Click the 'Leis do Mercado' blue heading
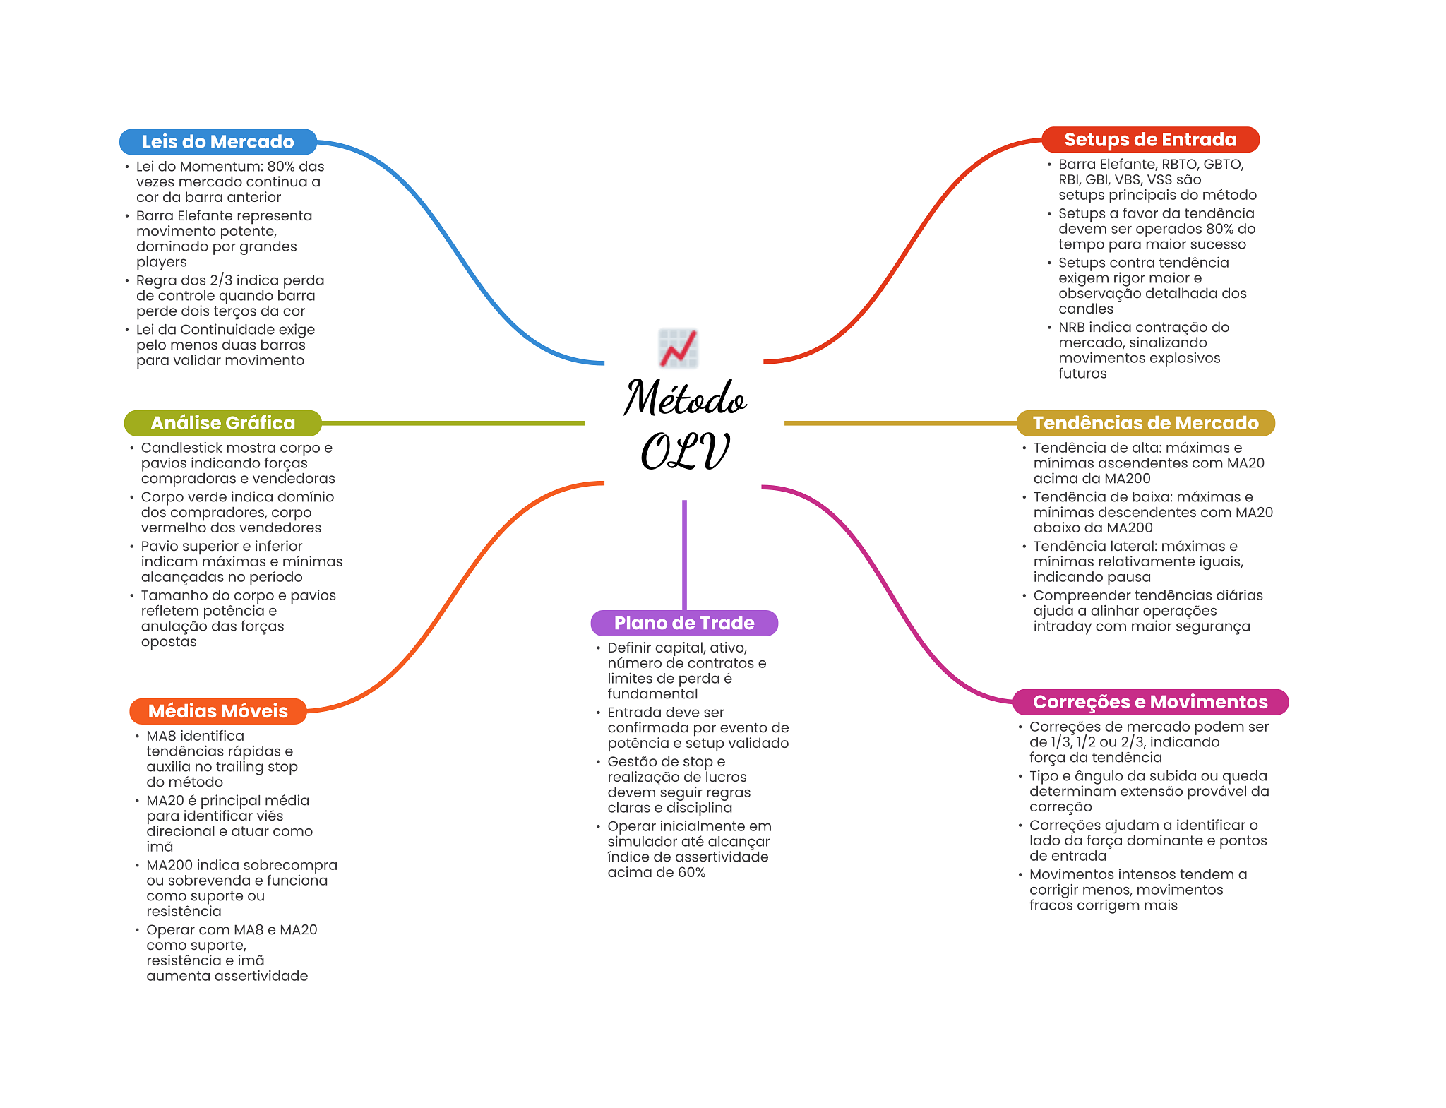click(x=217, y=142)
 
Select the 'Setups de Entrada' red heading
click(x=1150, y=140)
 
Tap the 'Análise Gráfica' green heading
click(x=222, y=423)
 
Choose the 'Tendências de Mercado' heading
click(x=1145, y=423)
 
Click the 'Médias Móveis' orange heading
click(x=218, y=711)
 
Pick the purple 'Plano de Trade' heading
click(x=684, y=623)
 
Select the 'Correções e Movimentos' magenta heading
click(x=1150, y=702)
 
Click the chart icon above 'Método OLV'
click(x=679, y=348)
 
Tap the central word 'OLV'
click(x=684, y=452)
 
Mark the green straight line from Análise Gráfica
click(x=452, y=423)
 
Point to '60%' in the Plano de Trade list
click(x=691, y=873)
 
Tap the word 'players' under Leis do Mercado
click(x=162, y=263)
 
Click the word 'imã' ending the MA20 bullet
click(x=160, y=847)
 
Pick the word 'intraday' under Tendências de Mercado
click(x=1063, y=626)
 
